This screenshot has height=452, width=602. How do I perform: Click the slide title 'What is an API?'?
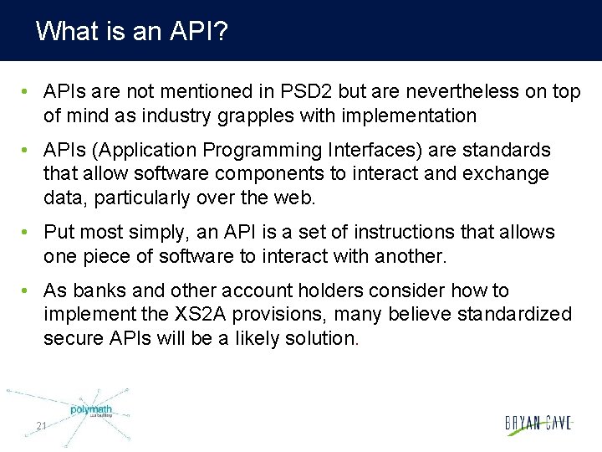[133, 32]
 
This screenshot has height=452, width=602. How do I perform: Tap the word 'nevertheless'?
[453, 91]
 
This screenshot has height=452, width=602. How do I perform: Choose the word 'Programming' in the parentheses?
[272, 151]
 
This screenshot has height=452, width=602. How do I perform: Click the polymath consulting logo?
[90, 411]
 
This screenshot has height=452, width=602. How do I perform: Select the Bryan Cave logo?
[538, 424]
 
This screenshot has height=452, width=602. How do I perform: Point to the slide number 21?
[41, 427]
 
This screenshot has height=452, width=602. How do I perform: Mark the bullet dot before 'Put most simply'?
[28, 233]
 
